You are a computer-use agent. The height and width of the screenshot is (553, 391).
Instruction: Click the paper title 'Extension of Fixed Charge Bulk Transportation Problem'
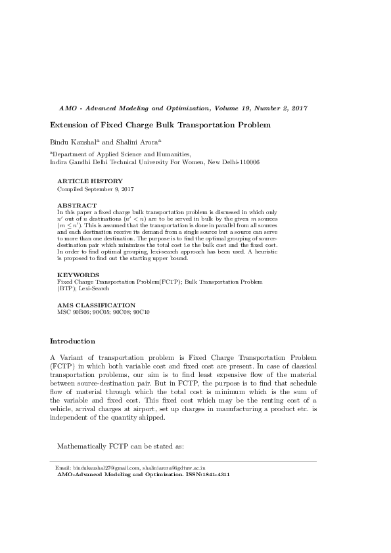point(161,125)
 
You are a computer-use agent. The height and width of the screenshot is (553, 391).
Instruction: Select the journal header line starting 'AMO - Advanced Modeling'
point(183,108)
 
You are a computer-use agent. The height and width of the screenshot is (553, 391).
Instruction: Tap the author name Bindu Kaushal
point(74,141)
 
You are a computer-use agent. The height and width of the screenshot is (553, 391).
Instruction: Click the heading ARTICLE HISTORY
point(89,181)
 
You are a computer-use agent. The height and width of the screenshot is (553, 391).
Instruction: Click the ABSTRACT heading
point(78,206)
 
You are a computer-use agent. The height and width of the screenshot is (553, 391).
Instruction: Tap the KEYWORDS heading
point(78,275)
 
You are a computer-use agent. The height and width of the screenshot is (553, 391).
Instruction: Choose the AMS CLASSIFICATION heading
point(97,305)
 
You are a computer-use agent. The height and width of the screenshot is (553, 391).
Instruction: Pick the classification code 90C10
point(141,312)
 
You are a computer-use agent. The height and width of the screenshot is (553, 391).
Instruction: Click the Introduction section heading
point(73,342)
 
